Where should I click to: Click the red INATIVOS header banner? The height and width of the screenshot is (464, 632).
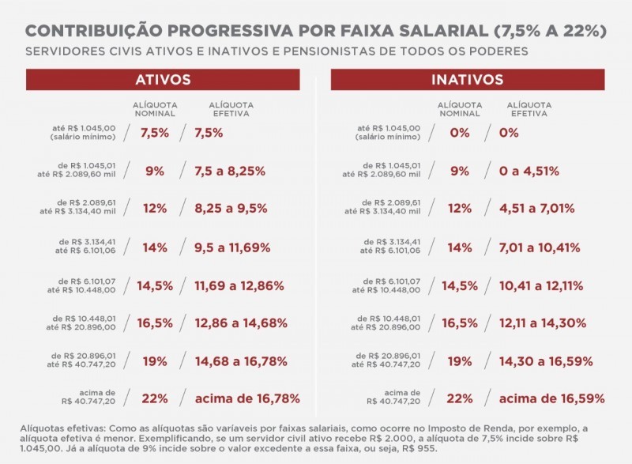click(467, 81)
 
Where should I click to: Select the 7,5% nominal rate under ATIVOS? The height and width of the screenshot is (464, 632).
click(155, 133)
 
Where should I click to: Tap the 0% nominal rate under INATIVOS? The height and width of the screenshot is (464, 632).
click(459, 133)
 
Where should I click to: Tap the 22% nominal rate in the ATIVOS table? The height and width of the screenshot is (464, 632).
click(155, 398)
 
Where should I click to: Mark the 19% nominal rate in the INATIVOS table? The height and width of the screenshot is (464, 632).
click(459, 360)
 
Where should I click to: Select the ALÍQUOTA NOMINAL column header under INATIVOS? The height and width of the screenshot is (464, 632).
click(459, 108)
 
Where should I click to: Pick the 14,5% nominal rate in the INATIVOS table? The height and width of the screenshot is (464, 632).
click(459, 285)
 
